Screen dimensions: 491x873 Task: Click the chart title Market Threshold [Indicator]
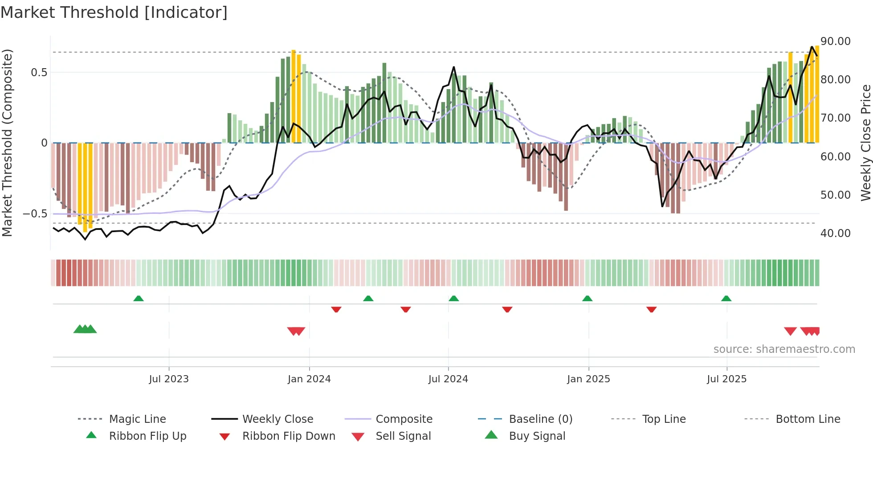114,12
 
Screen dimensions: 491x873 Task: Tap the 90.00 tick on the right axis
835,41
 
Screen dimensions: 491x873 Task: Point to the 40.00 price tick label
835,233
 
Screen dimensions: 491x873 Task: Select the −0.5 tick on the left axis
35,214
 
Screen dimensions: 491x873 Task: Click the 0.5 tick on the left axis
39,73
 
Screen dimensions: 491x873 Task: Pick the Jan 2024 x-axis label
309,379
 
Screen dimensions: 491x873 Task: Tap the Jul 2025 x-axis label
726,379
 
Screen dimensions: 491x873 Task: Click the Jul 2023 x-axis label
169,379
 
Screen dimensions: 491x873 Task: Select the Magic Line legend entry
137,419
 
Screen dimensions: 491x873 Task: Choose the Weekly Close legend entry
277,419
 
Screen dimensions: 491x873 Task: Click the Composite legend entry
404,419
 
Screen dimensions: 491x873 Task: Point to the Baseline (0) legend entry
540,419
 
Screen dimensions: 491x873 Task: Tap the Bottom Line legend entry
808,419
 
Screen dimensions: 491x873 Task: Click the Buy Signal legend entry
537,436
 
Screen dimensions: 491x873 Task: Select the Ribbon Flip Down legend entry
288,436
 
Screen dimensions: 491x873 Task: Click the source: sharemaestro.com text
784,349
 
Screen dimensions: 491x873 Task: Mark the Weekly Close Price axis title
865,143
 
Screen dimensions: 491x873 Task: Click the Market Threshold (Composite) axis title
7,143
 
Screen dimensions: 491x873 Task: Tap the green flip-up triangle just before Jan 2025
587,299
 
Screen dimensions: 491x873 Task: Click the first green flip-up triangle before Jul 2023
139,299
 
